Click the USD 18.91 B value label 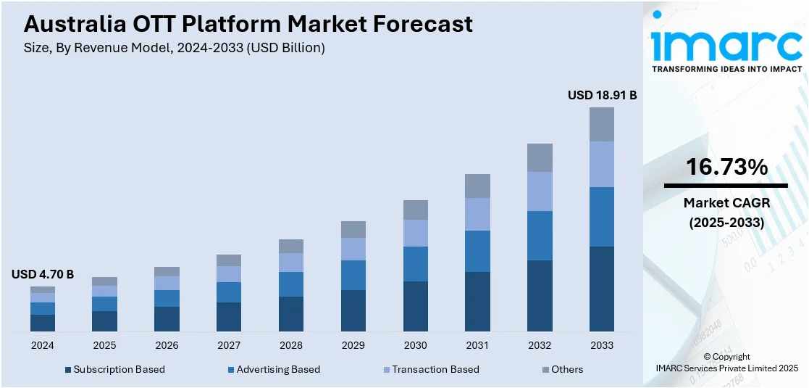(x=601, y=95)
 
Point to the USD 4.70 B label (x=43, y=274)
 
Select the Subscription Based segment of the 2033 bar (x=601, y=289)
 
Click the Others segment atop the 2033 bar (x=601, y=124)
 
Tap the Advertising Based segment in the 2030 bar (x=415, y=264)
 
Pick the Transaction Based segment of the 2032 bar (x=539, y=191)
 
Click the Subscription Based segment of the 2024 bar (x=43, y=323)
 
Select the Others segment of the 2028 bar (x=290, y=246)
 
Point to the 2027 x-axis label (x=229, y=345)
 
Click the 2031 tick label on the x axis (x=477, y=345)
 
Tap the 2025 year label (x=104, y=345)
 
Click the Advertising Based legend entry (x=273, y=369)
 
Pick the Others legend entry (x=562, y=369)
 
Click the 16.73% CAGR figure (x=726, y=168)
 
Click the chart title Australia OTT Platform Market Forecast (x=248, y=24)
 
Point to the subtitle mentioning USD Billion (x=174, y=48)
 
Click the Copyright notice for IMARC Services (x=726, y=362)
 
